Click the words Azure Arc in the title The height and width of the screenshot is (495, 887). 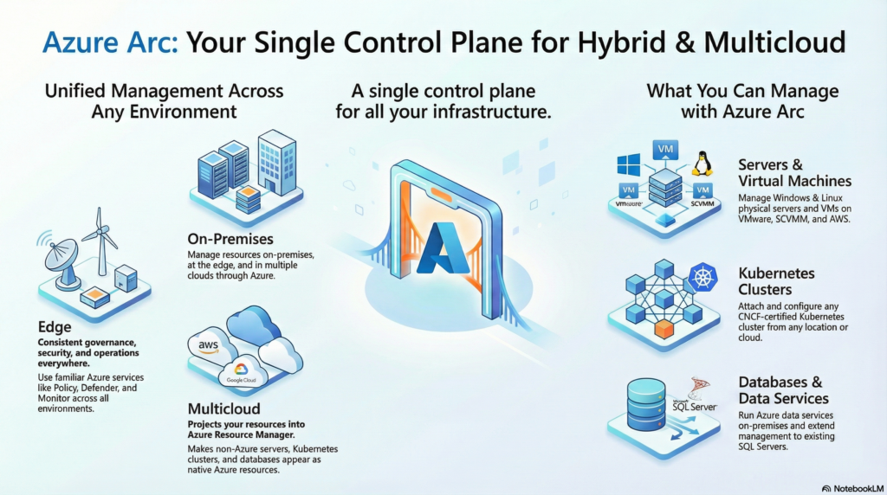tap(110, 42)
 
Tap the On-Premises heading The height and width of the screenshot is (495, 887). tap(230, 239)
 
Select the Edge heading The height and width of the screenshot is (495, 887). tap(55, 326)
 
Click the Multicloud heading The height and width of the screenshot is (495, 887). tap(224, 408)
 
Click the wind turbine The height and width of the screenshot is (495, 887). tap(100, 241)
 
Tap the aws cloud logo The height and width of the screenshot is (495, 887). tap(209, 344)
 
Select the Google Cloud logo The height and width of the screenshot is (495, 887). tap(241, 373)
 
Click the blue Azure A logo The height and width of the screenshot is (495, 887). tap(445, 248)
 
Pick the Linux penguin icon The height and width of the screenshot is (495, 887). tap(702, 164)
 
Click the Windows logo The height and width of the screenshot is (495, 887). tap(629, 165)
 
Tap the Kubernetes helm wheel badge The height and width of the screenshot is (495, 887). tap(703, 277)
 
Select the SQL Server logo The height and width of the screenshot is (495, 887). tap(696, 398)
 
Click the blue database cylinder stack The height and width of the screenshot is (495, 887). tap(646, 405)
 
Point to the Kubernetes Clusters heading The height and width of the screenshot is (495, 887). tap(777, 281)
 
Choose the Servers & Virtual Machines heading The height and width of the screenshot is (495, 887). tap(795, 173)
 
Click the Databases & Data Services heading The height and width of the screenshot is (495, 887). tap(783, 390)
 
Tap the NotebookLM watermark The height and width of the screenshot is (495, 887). tap(852, 488)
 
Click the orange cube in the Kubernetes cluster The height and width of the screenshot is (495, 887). tap(664, 328)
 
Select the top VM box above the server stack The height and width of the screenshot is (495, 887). tap(665, 150)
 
